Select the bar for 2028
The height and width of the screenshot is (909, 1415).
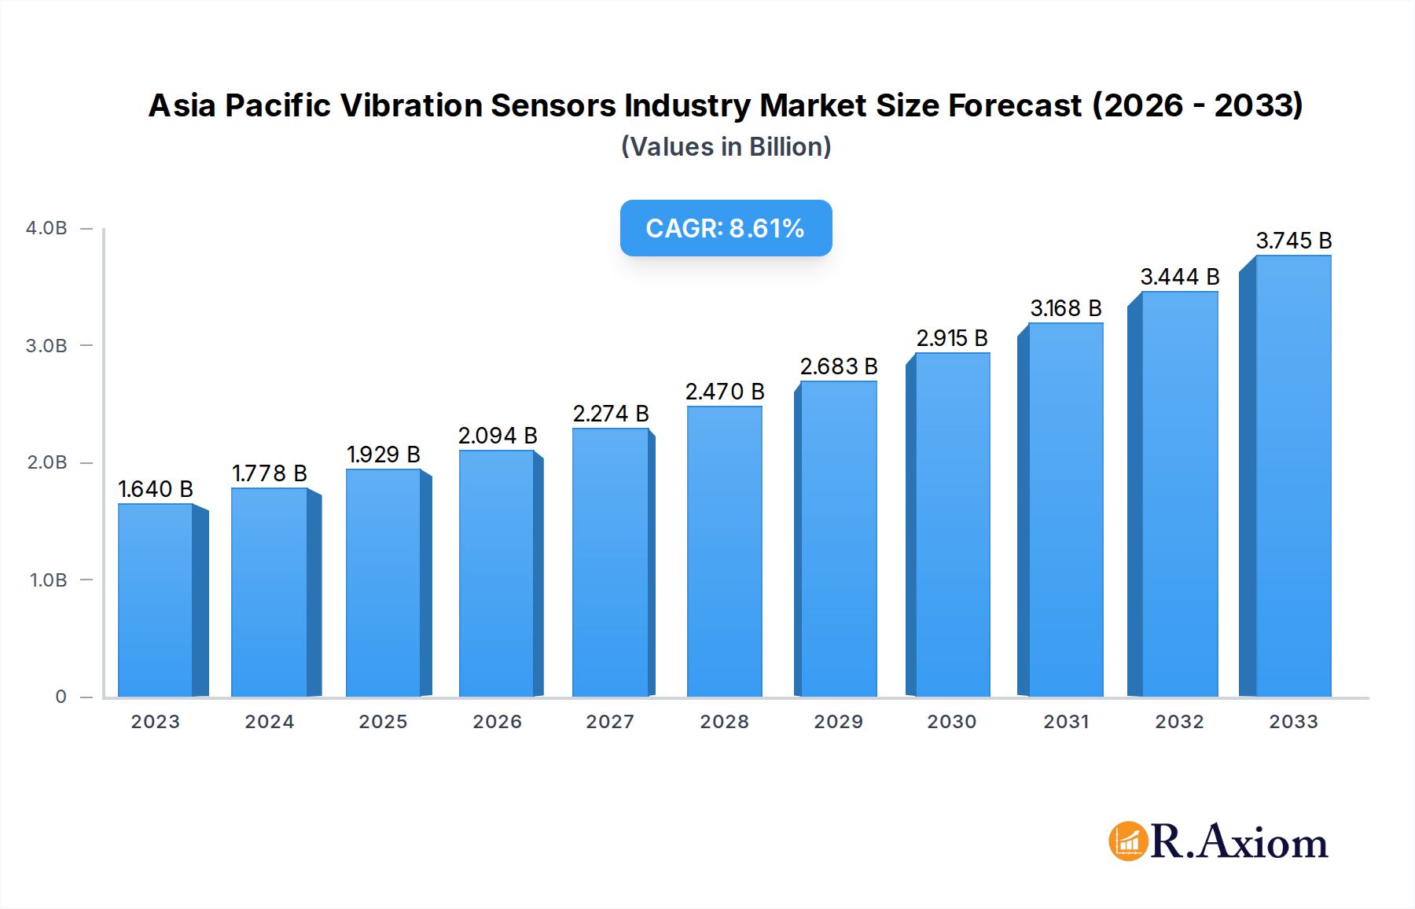724,550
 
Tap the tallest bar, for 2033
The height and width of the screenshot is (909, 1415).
1293,476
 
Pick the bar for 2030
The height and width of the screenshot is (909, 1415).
952,524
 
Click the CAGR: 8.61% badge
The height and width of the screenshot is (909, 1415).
726,228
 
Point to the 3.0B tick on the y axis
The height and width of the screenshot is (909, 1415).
47,346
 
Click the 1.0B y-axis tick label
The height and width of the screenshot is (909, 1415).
49,580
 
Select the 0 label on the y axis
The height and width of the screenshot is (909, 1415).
61,697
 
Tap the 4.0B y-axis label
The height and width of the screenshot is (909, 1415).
47,229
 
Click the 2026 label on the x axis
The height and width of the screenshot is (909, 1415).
497,722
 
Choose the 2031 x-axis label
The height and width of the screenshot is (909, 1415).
1066,722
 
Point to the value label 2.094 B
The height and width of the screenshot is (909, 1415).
498,436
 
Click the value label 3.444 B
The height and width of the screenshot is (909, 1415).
1180,277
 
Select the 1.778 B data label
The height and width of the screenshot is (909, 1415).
270,473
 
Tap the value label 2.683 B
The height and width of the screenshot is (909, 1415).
839,366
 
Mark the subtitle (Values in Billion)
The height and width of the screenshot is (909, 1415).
726,147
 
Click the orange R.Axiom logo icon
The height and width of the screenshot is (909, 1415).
1128,841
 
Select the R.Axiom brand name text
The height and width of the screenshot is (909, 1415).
1239,841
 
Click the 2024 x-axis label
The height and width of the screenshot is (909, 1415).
270,722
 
